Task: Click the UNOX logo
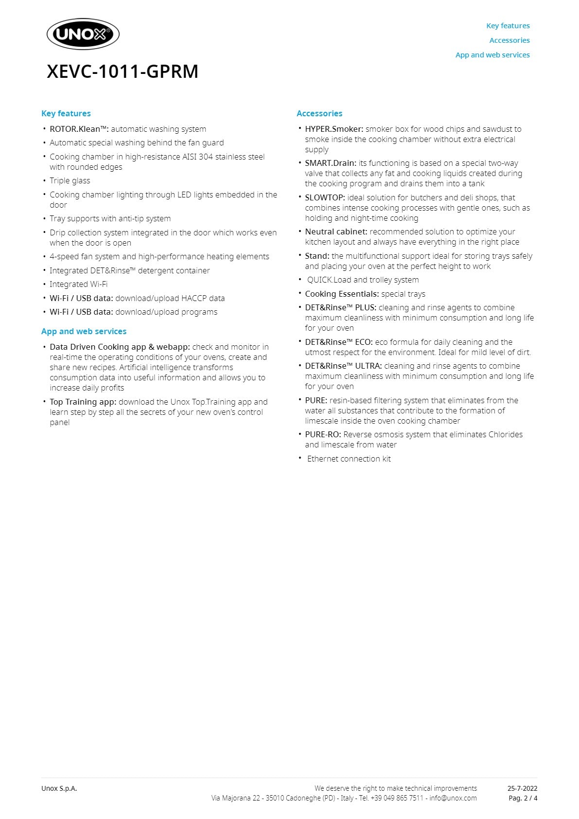tap(83, 35)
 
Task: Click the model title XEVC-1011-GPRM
tap(123, 71)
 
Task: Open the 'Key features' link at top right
tap(508, 26)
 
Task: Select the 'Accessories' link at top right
tap(509, 40)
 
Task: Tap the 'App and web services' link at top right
tap(492, 55)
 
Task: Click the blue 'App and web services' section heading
tap(84, 331)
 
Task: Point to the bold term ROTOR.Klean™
tap(79, 129)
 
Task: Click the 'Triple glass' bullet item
tap(70, 181)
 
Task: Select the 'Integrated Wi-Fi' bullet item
tap(78, 284)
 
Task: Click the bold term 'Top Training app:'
tap(83, 402)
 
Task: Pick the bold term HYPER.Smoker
tap(334, 129)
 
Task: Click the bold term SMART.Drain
tap(330, 163)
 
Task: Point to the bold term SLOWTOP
tap(325, 197)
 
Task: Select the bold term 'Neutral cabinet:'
tap(336, 231)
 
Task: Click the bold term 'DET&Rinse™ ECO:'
tap(338, 342)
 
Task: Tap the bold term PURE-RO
tap(323, 434)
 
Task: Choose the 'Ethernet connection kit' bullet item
tap(349, 459)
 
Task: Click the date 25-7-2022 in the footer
tap(522, 788)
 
